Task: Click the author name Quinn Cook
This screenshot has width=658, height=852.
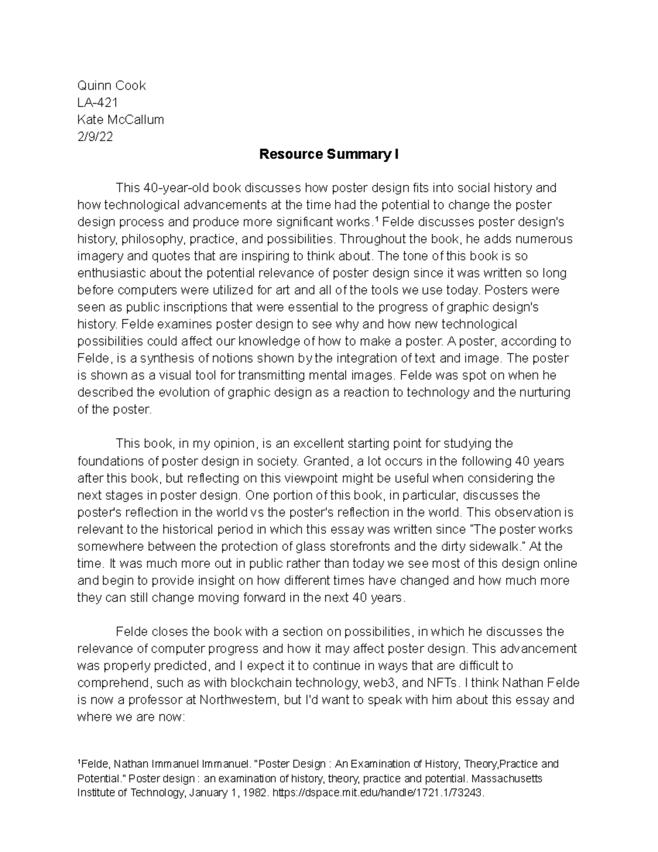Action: tap(111, 86)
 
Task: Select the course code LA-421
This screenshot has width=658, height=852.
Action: tap(98, 103)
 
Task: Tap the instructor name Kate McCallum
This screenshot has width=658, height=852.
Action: tap(121, 120)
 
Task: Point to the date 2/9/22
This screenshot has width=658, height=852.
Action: tap(95, 137)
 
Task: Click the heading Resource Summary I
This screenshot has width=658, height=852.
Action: tap(329, 155)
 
